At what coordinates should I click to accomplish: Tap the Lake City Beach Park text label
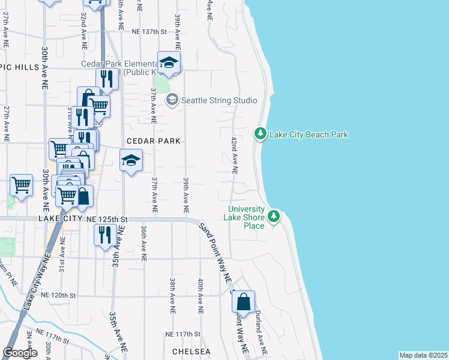309,135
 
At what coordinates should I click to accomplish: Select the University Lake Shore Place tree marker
274,215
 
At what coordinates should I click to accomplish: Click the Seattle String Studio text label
219,100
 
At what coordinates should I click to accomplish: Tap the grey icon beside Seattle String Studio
172,100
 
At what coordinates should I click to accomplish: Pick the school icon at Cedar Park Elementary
169,63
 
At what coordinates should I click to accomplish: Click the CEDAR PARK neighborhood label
154,142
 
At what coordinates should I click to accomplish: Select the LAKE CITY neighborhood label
59,220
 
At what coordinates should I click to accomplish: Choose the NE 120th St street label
58,295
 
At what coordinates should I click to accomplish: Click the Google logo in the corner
20,353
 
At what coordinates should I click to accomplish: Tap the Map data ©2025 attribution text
423,355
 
